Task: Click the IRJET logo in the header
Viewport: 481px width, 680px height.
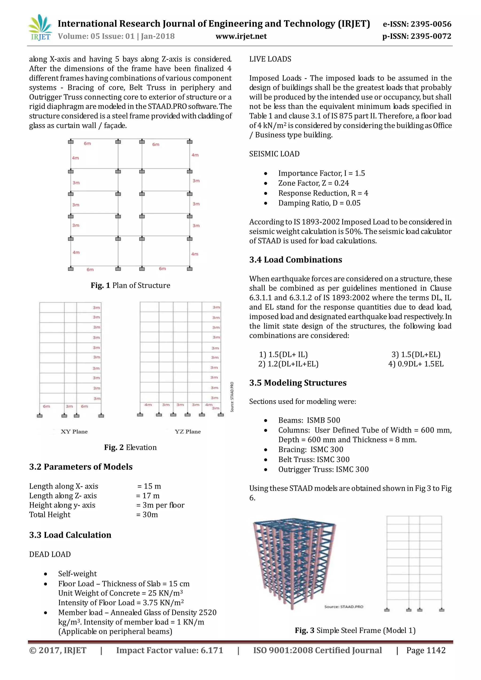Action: [40, 28]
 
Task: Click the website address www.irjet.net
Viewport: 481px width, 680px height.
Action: [241, 36]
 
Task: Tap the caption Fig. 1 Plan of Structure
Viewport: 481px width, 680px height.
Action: [130, 286]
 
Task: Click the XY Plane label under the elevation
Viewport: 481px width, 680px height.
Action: [74, 432]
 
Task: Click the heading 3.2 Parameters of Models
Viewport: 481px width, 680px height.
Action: [81, 467]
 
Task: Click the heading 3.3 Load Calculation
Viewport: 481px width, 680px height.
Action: [70, 535]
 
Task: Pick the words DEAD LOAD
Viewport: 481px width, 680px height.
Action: [50, 554]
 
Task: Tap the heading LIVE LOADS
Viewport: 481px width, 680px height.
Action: [270, 59]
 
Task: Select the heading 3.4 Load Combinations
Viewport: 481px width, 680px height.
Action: [296, 260]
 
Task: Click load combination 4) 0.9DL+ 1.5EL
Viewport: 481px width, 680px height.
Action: [416, 364]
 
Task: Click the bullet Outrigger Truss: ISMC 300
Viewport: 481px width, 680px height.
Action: [323, 469]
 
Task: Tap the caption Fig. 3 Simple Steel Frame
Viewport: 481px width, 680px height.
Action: [355, 630]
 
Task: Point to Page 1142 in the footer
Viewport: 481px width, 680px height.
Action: [426, 650]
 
